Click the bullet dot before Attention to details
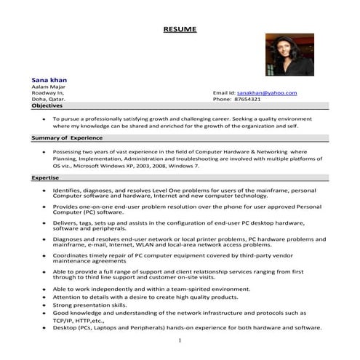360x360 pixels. tap(45, 297)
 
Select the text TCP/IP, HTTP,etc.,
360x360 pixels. tap(79, 320)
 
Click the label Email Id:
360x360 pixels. tap(224, 93)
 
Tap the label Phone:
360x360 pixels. tap(221, 100)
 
